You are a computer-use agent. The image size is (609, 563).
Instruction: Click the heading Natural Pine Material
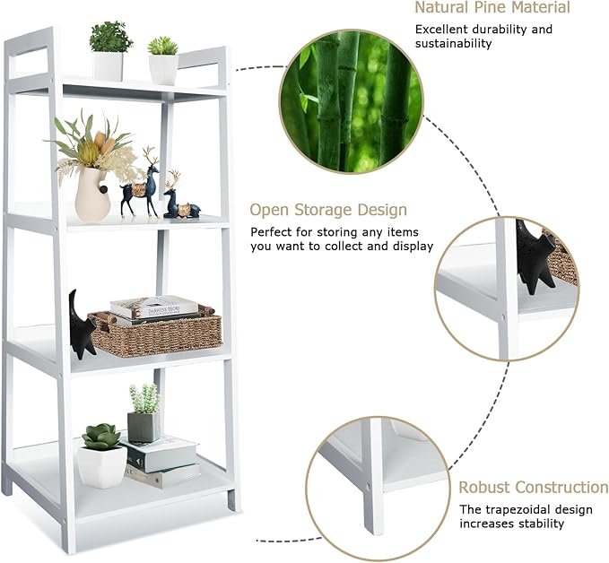(492, 7)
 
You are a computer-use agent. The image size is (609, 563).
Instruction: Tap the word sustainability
(453, 44)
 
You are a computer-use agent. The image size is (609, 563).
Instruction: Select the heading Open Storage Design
(328, 210)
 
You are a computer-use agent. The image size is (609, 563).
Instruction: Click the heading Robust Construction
(534, 488)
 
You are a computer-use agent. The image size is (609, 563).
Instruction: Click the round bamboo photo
(351, 101)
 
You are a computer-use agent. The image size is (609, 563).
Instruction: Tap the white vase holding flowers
(92, 195)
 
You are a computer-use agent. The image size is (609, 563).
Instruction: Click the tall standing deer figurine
(142, 183)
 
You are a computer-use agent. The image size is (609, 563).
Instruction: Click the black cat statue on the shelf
(82, 325)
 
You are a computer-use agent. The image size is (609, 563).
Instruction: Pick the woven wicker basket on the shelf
(155, 332)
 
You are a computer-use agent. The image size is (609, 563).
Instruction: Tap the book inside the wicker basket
(153, 307)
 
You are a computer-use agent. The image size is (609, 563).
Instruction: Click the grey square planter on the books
(144, 427)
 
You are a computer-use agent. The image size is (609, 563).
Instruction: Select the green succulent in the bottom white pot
(101, 437)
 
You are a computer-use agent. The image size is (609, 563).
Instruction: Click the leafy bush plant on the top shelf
(110, 38)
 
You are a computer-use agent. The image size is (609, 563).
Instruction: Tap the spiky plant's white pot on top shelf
(163, 69)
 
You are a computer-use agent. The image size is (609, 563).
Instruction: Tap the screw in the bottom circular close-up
(368, 485)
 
